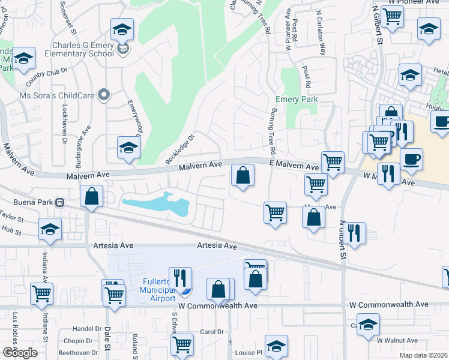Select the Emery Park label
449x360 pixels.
pyautogui.click(x=296, y=99)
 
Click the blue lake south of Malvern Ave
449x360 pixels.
pyautogui.click(x=157, y=203)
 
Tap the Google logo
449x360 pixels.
pyautogui.click(x=20, y=353)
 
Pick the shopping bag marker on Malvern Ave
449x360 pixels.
pyautogui.click(x=243, y=176)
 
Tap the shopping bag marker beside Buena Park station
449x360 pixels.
pyautogui.click(x=91, y=196)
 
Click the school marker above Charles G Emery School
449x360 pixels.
pyautogui.click(x=122, y=29)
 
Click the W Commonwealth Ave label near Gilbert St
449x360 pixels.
pyautogui.click(x=389, y=304)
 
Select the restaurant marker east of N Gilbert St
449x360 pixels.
pyautogui.click(x=354, y=233)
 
